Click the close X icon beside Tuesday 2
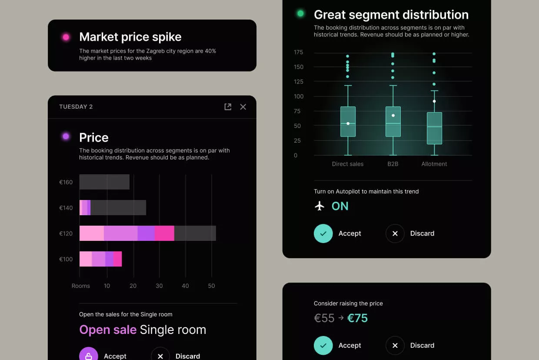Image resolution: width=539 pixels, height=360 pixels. (x=243, y=107)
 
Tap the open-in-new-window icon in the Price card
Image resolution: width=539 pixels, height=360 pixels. (x=228, y=107)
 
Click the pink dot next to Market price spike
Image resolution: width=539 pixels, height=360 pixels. (x=66, y=37)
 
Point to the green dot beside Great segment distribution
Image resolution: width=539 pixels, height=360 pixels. (x=300, y=13)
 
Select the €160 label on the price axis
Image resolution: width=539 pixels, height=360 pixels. (x=66, y=182)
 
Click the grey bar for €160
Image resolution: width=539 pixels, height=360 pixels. (x=104, y=182)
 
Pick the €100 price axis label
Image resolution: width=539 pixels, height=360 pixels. (x=66, y=259)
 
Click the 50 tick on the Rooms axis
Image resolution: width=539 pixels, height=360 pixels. (x=212, y=286)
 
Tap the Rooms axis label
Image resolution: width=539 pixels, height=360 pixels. (x=81, y=286)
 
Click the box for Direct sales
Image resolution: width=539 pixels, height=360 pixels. (x=348, y=122)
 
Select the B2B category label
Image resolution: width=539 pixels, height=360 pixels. (x=393, y=164)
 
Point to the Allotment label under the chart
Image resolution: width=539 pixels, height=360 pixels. (x=434, y=164)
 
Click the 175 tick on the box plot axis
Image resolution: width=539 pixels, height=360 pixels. (x=298, y=52)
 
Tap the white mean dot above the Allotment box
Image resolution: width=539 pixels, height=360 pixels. (x=434, y=101)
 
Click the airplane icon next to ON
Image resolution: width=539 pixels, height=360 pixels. (x=319, y=206)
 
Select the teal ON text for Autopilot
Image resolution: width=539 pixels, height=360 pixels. (x=340, y=206)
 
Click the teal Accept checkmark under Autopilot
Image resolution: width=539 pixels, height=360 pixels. (x=323, y=233)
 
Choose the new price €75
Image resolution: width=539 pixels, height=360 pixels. (x=357, y=318)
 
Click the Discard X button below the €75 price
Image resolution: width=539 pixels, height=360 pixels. (x=395, y=345)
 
